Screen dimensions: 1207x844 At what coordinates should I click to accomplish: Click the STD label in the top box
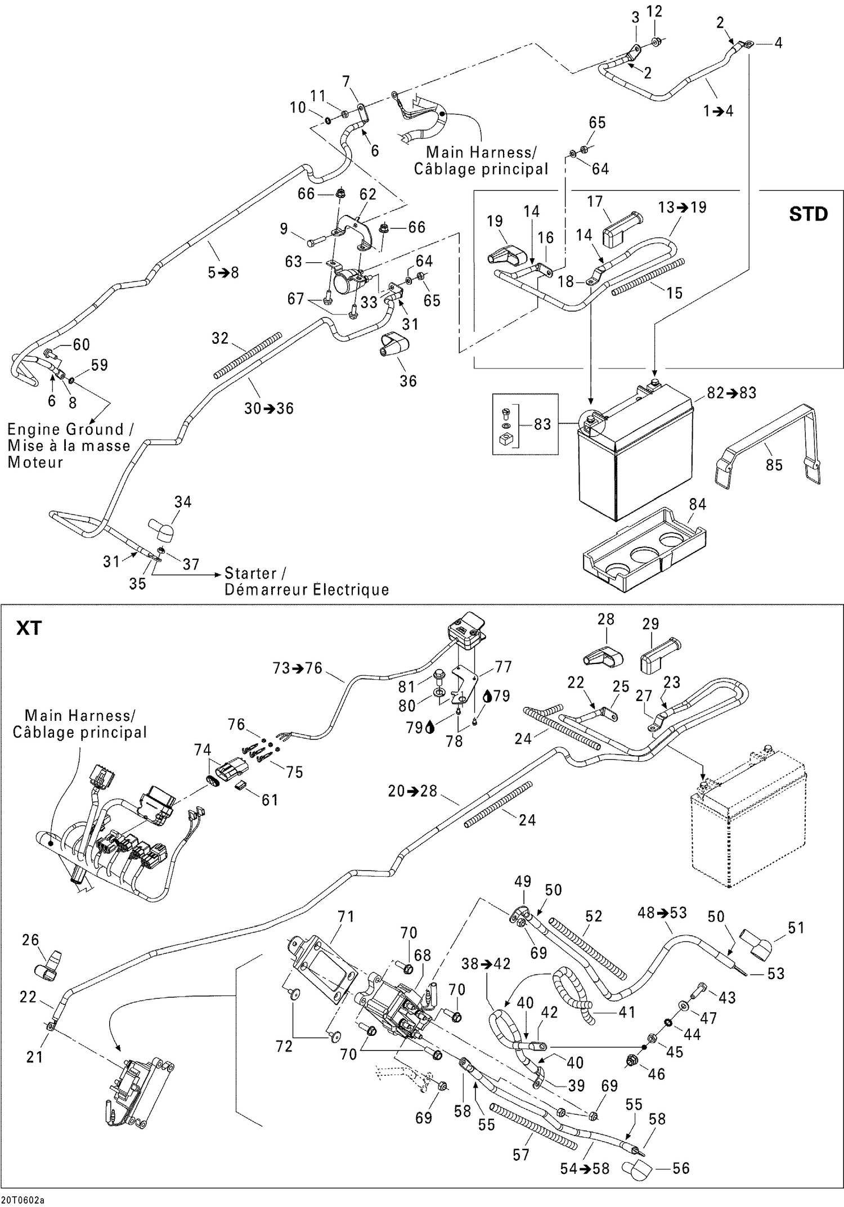click(808, 214)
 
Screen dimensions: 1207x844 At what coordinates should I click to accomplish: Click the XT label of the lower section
click(29, 628)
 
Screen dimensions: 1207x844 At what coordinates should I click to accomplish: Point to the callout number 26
click(30, 940)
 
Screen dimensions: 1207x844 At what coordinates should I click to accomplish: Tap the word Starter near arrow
click(250, 573)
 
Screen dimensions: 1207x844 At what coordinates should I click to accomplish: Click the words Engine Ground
click(65, 429)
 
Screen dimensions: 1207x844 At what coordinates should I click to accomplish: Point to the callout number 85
click(774, 465)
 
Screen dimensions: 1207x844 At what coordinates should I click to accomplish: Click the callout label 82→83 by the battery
click(731, 393)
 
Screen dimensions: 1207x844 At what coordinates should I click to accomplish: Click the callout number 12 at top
click(654, 11)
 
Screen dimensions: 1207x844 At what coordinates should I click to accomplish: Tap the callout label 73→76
click(297, 668)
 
